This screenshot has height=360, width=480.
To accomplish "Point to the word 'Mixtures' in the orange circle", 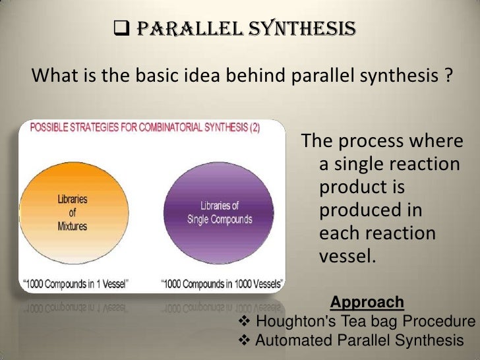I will coord(72,225).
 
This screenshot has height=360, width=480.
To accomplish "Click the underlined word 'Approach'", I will coord(367,303).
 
